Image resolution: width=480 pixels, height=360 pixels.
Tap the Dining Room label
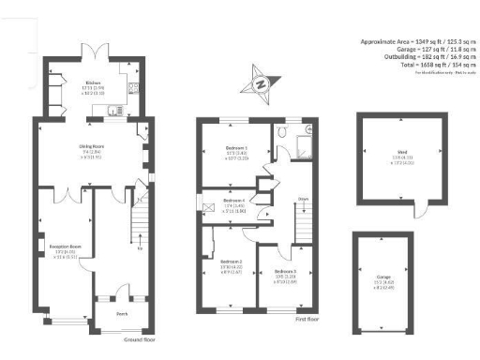(91, 146)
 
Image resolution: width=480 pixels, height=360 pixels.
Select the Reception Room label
(63, 247)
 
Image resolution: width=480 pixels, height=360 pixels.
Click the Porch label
(122, 314)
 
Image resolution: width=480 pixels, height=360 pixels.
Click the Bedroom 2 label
(231, 262)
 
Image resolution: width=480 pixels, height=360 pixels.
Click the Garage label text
(383, 277)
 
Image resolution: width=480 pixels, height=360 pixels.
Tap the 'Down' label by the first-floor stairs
(303, 199)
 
